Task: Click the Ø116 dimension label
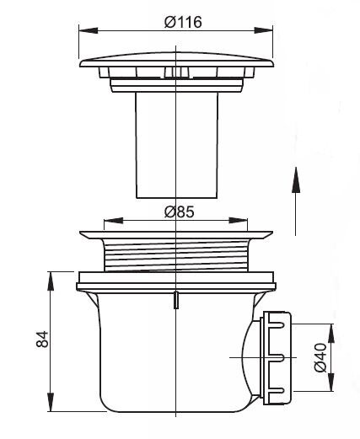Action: tap(183, 22)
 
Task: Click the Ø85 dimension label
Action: tap(180, 211)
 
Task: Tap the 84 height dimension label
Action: tap(43, 340)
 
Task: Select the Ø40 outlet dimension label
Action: tap(320, 357)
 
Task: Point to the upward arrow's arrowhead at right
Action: tap(296, 179)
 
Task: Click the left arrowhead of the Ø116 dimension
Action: tap(89, 30)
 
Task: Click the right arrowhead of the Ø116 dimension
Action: tap(263, 30)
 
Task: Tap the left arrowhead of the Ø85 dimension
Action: tap(114, 221)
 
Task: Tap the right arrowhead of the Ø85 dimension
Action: tap(239, 221)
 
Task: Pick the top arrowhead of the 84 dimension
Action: tap(51, 281)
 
